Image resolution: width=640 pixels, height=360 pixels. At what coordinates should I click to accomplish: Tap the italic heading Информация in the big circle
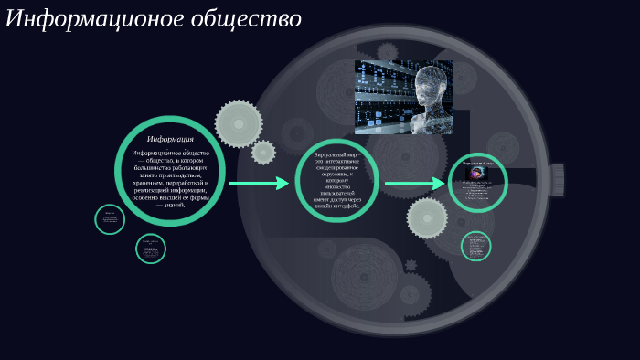[170, 139]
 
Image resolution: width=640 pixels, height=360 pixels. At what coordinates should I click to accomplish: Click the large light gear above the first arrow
[239, 123]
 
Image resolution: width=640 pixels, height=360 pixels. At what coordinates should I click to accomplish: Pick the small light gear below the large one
[263, 152]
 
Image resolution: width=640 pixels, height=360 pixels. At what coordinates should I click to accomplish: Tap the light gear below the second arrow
[427, 217]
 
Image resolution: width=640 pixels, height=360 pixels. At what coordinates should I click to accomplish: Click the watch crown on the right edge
[557, 180]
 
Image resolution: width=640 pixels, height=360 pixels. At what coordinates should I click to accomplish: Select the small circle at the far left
[110, 219]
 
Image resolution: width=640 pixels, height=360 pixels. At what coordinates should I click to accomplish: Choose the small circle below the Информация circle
[151, 248]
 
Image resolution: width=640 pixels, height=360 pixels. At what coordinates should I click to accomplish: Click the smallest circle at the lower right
[475, 246]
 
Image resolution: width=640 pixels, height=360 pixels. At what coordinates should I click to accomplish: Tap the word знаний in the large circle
[174, 205]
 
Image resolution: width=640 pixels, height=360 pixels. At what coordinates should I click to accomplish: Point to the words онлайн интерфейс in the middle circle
[344, 207]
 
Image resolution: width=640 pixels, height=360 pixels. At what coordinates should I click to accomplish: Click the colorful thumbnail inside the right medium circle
[476, 173]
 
